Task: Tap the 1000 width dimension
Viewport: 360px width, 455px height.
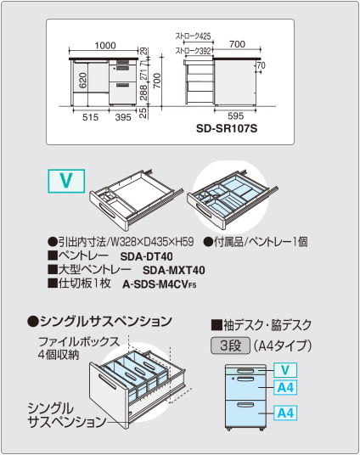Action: coord(104,45)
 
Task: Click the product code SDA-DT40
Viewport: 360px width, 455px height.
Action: coord(146,256)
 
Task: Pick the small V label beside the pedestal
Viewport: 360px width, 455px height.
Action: coord(285,369)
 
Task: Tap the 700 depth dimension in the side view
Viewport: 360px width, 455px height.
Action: coord(237,43)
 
